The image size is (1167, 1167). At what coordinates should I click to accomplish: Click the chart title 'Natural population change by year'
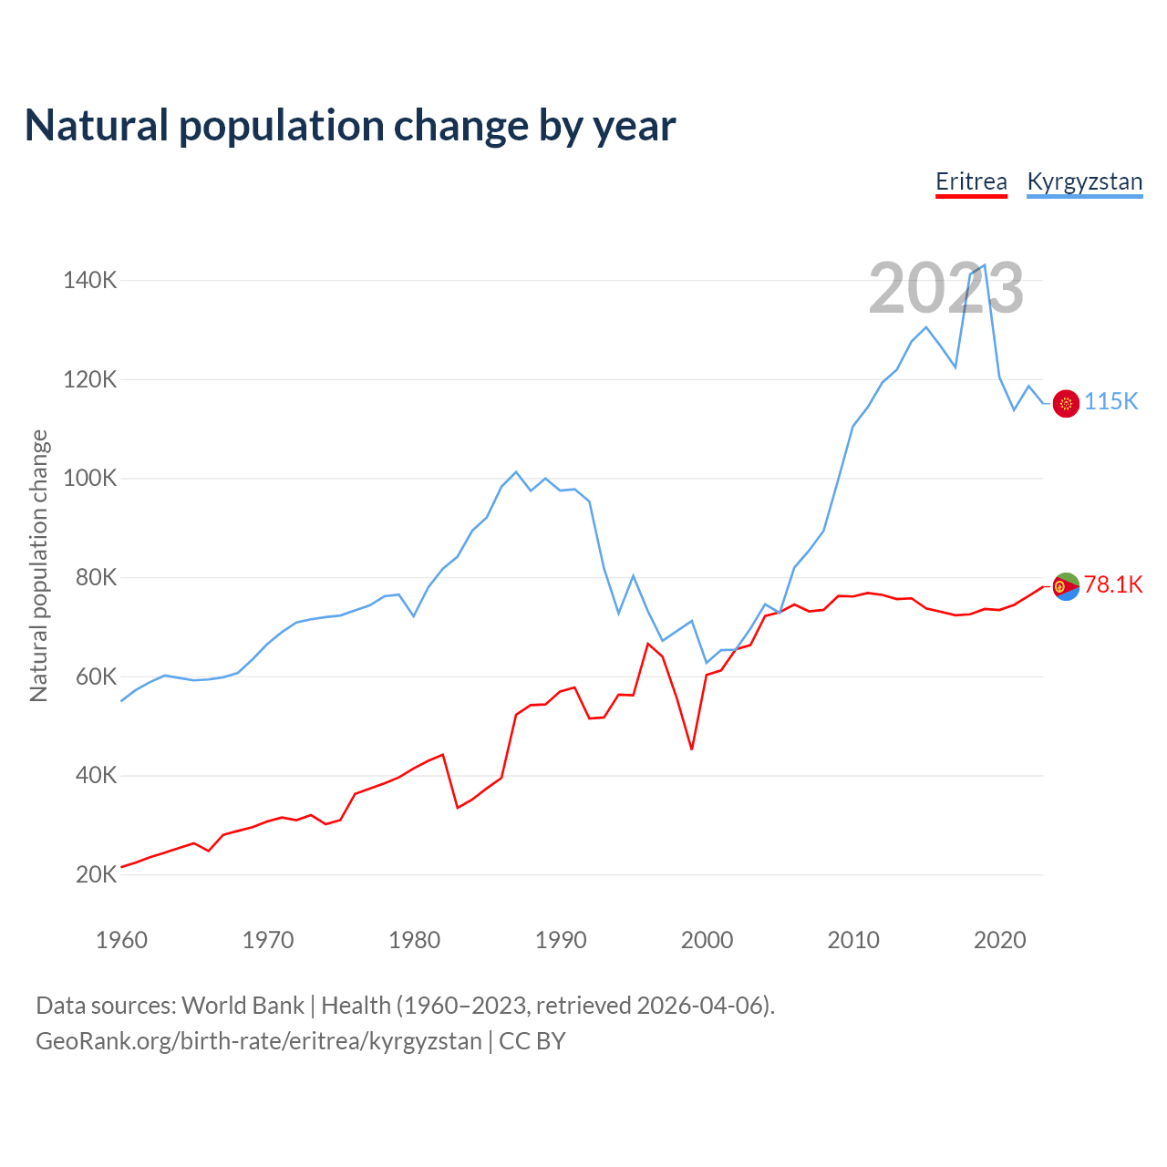(350, 126)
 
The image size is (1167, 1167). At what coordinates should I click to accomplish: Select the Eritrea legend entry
(971, 181)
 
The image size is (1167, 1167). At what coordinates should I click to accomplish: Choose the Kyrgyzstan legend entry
(1084, 181)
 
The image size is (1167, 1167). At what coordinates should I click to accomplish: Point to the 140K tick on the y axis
(89, 280)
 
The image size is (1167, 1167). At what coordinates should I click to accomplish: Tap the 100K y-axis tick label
(89, 479)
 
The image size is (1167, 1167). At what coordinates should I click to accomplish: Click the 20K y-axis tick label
(96, 875)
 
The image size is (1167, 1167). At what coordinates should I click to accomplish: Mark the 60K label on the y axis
(96, 676)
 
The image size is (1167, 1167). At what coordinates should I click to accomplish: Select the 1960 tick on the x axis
(121, 940)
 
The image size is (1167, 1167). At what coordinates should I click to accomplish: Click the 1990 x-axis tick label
(561, 940)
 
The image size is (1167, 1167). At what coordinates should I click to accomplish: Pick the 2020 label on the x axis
(1000, 940)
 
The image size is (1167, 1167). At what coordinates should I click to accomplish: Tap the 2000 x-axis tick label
(707, 940)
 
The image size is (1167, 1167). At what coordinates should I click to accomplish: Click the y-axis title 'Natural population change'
(38, 566)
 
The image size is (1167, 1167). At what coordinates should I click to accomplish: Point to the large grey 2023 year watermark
(945, 288)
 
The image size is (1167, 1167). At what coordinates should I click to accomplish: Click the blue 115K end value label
(1110, 402)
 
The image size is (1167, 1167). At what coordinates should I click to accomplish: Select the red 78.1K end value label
(1112, 585)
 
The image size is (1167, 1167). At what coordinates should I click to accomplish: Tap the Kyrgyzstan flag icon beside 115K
(1066, 403)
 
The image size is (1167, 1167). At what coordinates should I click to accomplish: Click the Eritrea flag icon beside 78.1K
(1066, 586)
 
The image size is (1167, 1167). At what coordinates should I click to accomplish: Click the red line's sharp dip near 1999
(692, 749)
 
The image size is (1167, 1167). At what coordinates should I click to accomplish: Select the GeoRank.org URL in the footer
(258, 1041)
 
